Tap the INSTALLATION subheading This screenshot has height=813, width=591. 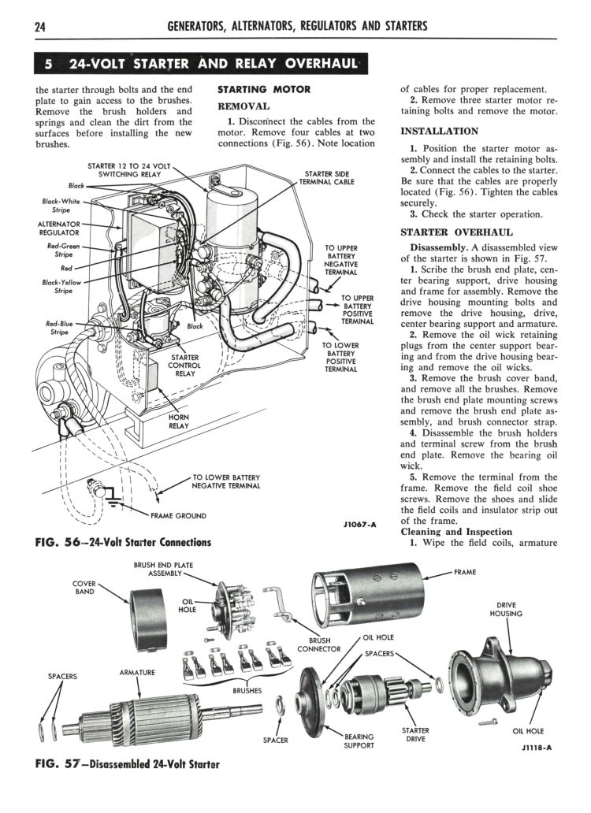tap(439, 132)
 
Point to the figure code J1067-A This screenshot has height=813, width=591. tap(360, 524)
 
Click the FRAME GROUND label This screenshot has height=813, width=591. tap(178, 516)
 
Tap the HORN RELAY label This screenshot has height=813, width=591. tap(179, 421)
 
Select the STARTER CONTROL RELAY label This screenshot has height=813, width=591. tap(185, 365)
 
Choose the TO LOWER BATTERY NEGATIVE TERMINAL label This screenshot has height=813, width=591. tap(226, 481)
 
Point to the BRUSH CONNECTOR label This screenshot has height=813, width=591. tap(318, 645)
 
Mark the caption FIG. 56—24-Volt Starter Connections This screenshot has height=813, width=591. tap(124, 542)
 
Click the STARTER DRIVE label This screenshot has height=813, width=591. tap(415, 735)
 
